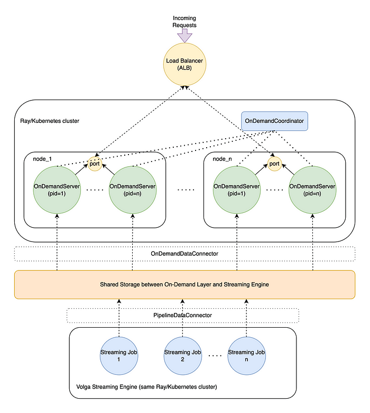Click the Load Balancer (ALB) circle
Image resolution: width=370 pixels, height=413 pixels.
point(184,64)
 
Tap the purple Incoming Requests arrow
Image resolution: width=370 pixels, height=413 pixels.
point(184,35)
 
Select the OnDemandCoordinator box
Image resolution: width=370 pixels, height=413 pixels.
point(274,121)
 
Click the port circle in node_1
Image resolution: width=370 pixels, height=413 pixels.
point(95,164)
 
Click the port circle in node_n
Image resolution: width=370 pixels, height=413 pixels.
point(274,164)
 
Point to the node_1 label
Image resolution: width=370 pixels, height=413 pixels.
point(42,159)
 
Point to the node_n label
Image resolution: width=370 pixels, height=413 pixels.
point(222,159)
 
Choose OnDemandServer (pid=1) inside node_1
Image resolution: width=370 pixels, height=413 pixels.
point(57,190)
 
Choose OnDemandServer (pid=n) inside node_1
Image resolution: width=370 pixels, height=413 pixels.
point(133,190)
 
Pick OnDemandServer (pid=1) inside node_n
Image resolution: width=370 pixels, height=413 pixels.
point(237,190)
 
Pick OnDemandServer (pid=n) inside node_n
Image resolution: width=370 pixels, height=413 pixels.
point(312,190)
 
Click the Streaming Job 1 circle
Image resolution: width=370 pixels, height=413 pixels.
point(119,356)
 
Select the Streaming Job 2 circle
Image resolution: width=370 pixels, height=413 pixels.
point(183,356)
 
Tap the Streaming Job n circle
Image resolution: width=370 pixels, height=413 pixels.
point(246,356)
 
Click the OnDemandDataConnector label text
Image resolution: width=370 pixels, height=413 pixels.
point(184,254)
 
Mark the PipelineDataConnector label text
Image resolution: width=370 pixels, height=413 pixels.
point(183,315)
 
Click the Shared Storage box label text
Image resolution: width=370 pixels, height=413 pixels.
point(184,284)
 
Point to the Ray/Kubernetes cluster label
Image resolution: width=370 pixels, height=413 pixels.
point(50,121)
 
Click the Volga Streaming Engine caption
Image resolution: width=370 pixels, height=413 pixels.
point(147,387)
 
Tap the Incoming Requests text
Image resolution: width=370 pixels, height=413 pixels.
point(184,22)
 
